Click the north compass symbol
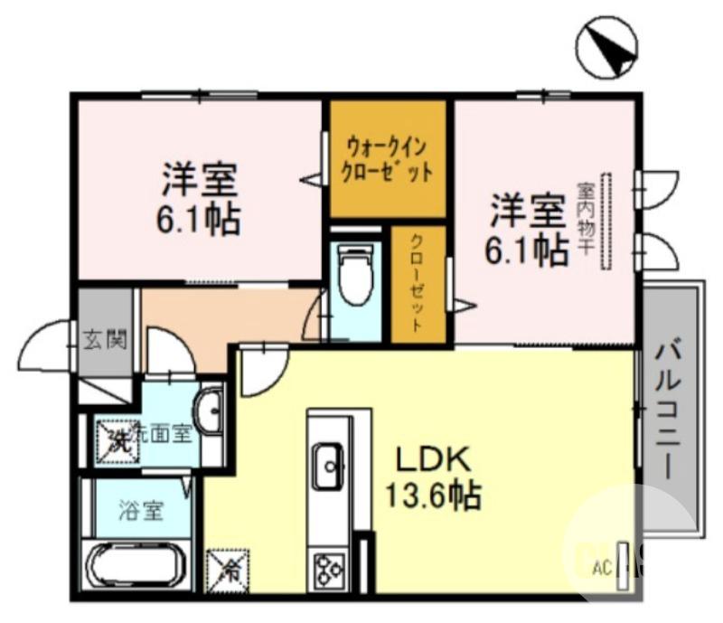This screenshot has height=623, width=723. tap(606, 46)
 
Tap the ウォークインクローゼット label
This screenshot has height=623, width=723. tap(387, 159)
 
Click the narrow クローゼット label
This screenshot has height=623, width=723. tap(420, 285)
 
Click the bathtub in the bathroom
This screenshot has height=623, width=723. tap(137, 569)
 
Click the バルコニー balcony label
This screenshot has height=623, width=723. tap(669, 409)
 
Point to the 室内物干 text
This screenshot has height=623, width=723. tap(585, 220)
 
